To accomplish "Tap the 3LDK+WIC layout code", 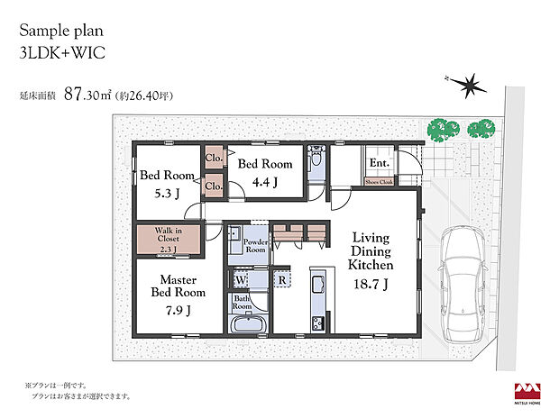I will (x=60, y=53).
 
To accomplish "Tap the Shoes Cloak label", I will (x=379, y=180).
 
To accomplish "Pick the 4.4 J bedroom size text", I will (x=264, y=182).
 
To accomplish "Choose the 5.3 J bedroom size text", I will (x=166, y=192).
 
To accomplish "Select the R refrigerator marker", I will (x=282, y=279).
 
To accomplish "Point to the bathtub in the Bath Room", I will (x=247, y=325).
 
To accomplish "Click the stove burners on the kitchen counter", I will (x=318, y=323).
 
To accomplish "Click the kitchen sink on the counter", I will (x=318, y=286).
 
